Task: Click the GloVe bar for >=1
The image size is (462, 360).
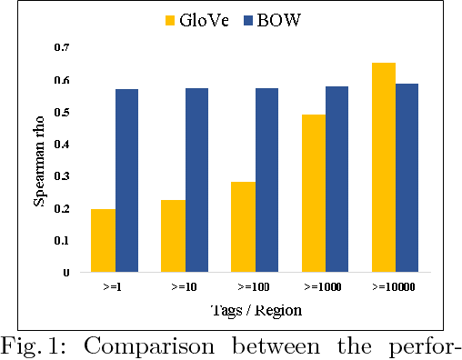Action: point(103,240)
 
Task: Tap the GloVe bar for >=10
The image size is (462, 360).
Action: point(173,235)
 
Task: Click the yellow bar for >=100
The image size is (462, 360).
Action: point(243,226)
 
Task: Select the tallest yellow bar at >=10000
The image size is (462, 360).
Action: point(384,167)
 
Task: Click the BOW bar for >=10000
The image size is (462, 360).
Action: point(407,177)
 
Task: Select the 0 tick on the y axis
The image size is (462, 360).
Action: point(65,272)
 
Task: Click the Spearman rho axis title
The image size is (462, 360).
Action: point(40,159)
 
